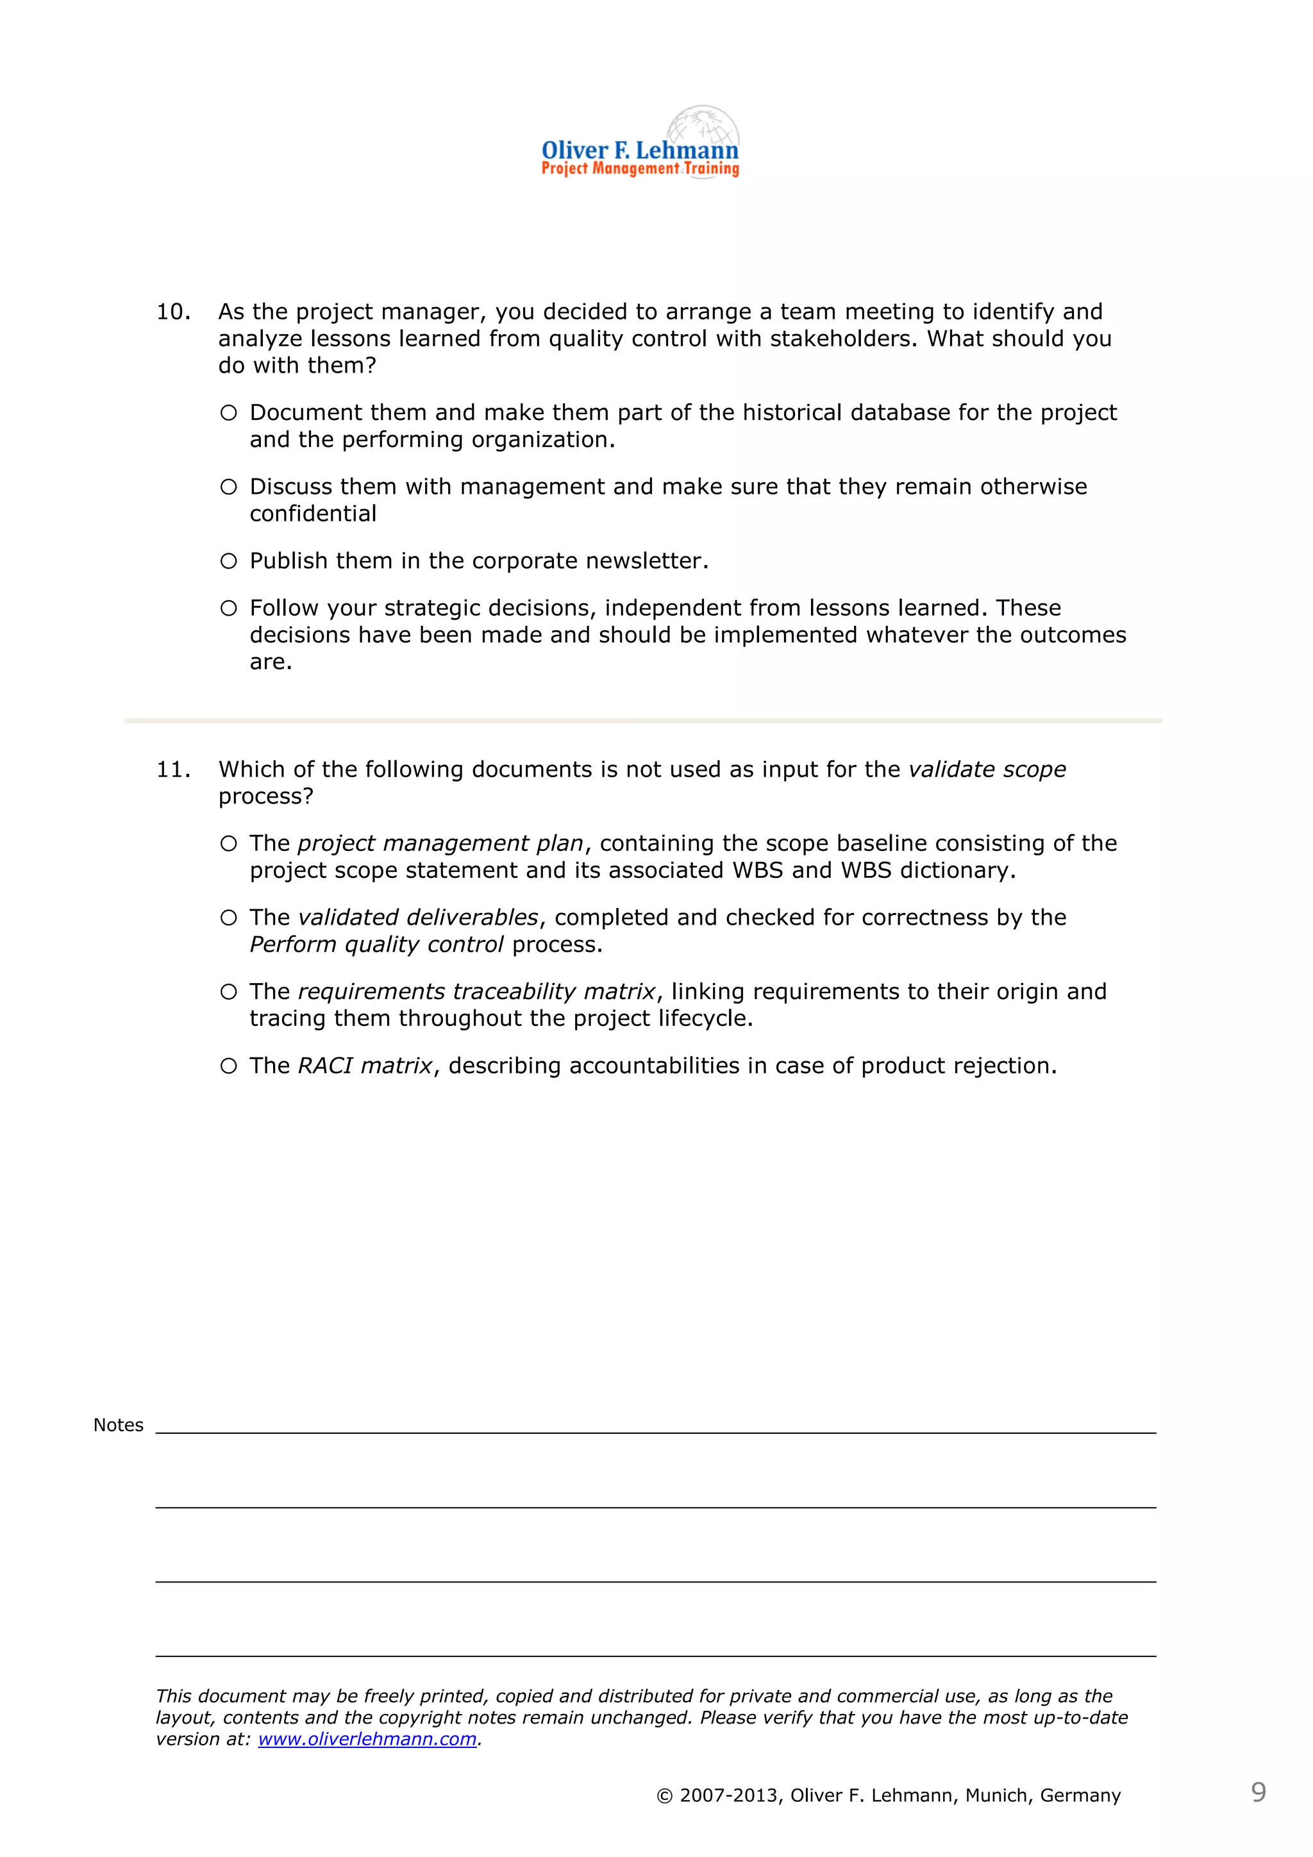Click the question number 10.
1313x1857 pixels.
coord(172,312)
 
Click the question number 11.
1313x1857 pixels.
coord(172,770)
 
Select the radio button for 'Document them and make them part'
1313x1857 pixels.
coord(229,414)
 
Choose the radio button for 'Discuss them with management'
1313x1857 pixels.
coord(229,487)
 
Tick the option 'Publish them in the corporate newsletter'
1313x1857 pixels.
coord(229,561)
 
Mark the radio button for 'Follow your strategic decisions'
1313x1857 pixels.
coord(229,609)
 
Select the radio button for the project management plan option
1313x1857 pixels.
coord(229,844)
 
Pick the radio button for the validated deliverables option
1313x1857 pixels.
coord(229,918)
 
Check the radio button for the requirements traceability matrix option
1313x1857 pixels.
coord(229,993)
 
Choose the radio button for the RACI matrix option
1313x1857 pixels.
coord(229,1066)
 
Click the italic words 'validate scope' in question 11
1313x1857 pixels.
coord(987,769)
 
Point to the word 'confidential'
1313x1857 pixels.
coord(313,514)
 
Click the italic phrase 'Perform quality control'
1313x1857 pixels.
coord(376,945)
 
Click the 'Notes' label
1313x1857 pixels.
coord(118,1425)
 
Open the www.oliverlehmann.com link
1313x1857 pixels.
coord(367,1739)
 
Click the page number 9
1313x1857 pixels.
coord(1258,1792)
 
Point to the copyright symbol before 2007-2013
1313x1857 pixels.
coord(665,1796)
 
